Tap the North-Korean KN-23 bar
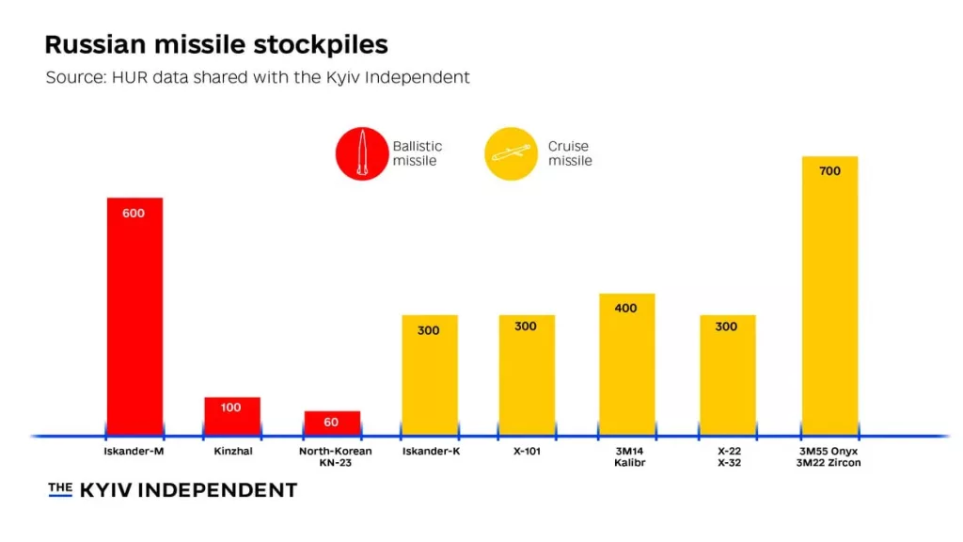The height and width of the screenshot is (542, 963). point(332,426)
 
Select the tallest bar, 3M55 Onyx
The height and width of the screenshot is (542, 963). point(829,301)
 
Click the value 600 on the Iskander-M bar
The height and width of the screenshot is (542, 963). point(134,214)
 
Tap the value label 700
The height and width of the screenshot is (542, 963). point(829,171)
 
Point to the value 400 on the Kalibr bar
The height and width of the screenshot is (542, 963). point(626,309)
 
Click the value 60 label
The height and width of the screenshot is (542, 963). point(332,422)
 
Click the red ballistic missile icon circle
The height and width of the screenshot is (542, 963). point(362,153)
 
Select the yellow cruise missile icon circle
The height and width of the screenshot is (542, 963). point(512,153)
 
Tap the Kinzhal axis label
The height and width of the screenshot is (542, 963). point(232,452)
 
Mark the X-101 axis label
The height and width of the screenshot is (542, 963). point(527,452)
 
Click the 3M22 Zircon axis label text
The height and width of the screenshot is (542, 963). point(829,463)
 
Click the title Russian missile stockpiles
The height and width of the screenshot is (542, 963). point(216,44)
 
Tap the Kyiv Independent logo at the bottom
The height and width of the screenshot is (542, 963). point(173,490)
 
